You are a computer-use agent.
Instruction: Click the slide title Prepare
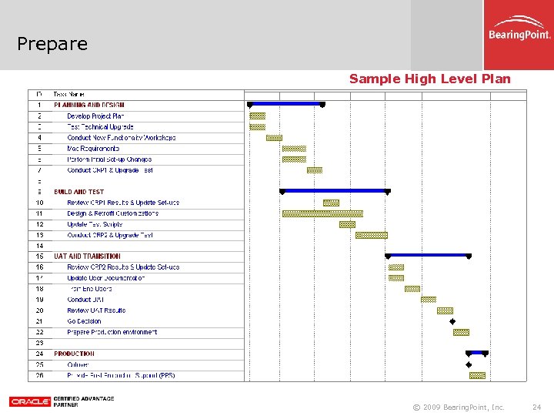pyautogui.click(x=52, y=44)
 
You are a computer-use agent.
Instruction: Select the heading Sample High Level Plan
pyautogui.click(x=429, y=79)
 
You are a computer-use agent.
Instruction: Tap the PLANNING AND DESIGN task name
pyautogui.click(x=89, y=105)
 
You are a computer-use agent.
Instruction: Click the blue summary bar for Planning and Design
pyautogui.click(x=285, y=103)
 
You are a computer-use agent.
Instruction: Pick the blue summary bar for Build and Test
pyautogui.click(x=335, y=190)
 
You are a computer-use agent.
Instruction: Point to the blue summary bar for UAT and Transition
pyautogui.click(x=428, y=255)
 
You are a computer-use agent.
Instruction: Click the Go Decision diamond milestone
pyautogui.click(x=452, y=321)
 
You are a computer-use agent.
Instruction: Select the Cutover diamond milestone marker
pyautogui.click(x=469, y=364)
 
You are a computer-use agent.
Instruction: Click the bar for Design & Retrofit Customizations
pyautogui.click(x=322, y=213)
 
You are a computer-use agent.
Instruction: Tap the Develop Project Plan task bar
pyautogui.click(x=257, y=116)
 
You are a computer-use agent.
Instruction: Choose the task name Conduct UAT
pyautogui.click(x=85, y=300)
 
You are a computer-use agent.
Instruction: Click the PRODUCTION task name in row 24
pyautogui.click(x=75, y=354)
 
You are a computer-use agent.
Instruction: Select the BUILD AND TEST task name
pyautogui.click(x=78, y=192)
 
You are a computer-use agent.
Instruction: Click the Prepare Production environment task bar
pyautogui.click(x=461, y=332)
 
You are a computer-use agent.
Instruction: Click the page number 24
pyautogui.click(x=536, y=407)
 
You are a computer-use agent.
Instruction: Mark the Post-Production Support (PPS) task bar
pyautogui.click(x=477, y=375)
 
